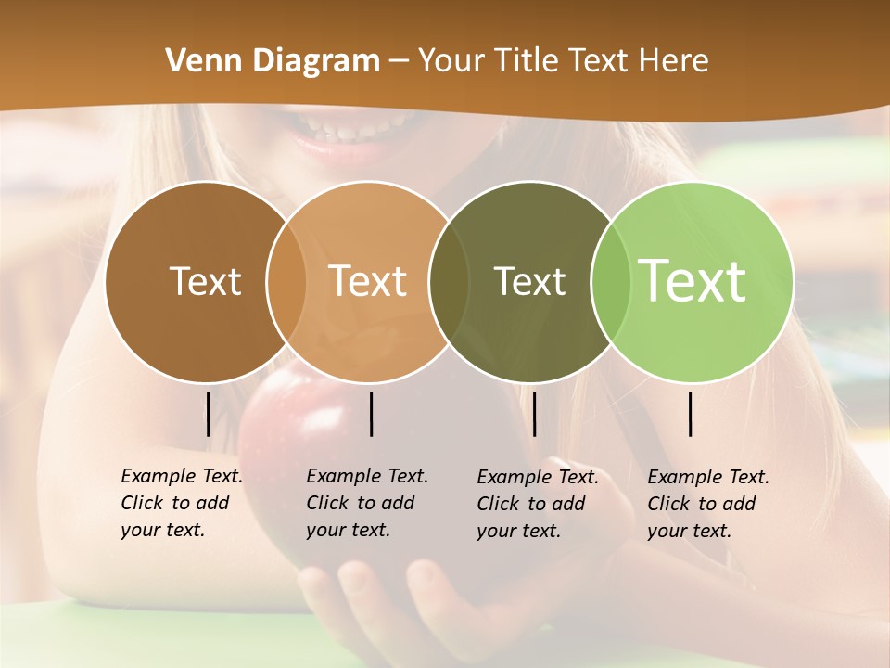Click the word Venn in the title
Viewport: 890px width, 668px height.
(197, 60)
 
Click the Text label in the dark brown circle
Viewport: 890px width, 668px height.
(205, 281)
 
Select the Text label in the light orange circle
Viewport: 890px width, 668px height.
(368, 281)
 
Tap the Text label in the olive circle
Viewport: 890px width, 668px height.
(529, 281)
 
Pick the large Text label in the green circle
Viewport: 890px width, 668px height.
(693, 280)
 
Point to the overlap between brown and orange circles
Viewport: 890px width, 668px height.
(286, 282)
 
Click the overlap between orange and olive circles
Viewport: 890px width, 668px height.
(449, 282)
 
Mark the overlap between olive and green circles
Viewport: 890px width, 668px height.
(611, 282)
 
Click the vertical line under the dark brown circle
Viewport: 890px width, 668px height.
(208, 414)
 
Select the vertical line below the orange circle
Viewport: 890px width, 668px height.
(371, 414)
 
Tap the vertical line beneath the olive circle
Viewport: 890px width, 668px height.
(534, 414)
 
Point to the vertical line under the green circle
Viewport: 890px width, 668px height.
(690, 414)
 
